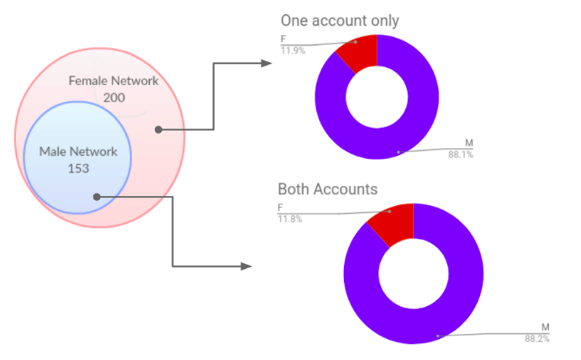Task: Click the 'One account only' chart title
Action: [340, 20]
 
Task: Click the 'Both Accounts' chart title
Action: [328, 188]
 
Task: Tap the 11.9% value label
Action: [293, 50]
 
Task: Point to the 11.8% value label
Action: [290, 220]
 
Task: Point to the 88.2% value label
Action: [537, 338]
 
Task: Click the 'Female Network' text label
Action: [113, 82]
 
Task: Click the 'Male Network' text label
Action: [78, 152]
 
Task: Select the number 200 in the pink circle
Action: [114, 98]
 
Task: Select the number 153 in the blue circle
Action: [78, 168]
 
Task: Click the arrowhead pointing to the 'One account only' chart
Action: [267, 63]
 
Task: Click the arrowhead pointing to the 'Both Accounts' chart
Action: [246, 266]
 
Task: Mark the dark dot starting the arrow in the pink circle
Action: [158, 130]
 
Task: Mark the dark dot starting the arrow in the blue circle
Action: [98, 197]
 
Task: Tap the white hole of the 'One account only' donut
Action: [377, 98]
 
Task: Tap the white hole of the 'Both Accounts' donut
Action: [414, 273]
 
